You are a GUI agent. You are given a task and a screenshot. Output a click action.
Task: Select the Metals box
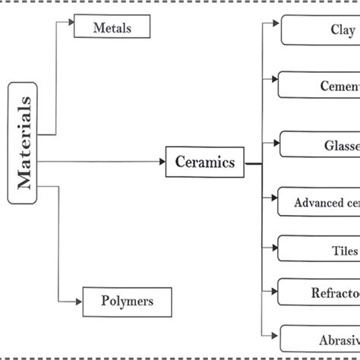(112, 28)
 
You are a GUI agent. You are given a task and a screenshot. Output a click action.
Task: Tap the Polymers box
(127, 301)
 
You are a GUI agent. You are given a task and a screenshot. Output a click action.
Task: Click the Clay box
(320, 31)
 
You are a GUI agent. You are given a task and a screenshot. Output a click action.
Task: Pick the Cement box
(320, 85)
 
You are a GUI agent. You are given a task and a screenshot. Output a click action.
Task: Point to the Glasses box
(320, 144)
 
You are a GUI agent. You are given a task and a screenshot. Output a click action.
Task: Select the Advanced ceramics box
(320, 203)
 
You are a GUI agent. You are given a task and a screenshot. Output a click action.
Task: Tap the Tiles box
(320, 249)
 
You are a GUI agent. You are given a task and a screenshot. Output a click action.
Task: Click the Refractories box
(320, 292)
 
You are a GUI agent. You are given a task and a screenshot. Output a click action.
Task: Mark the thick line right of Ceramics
(254, 163)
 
